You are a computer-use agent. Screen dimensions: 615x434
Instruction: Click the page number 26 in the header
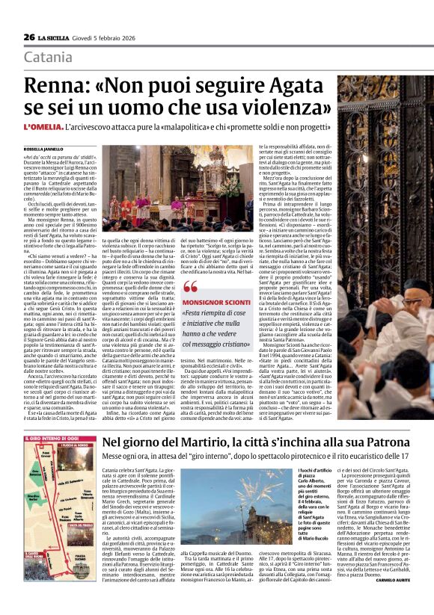[29, 37]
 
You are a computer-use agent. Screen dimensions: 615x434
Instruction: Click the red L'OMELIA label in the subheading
[42, 129]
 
